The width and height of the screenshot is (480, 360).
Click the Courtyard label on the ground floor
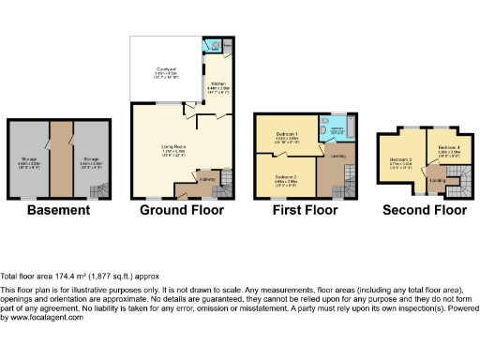click(x=166, y=68)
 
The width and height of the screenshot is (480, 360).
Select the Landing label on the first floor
click(x=337, y=155)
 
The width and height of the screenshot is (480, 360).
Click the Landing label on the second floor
click(x=437, y=180)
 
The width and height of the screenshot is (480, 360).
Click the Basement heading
click(x=58, y=211)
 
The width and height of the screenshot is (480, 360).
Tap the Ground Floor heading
click(x=182, y=211)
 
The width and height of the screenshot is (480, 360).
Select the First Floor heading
click(x=305, y=211)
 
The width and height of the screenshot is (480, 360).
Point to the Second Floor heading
click(x=424, y=211)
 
